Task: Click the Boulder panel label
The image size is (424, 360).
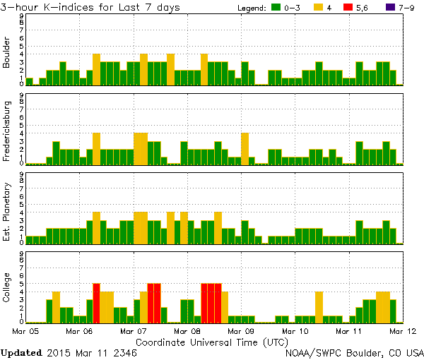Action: point(7,54)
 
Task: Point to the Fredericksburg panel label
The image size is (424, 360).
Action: point(7,133)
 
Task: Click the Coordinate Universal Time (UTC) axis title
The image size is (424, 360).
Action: point(212,341)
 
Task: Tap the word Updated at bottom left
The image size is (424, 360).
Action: point(21,352)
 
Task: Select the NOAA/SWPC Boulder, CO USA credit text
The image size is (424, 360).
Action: point(354,352)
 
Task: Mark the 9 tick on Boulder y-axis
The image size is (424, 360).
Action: point(22,16)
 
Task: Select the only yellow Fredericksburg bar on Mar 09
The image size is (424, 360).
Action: point(245,148)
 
